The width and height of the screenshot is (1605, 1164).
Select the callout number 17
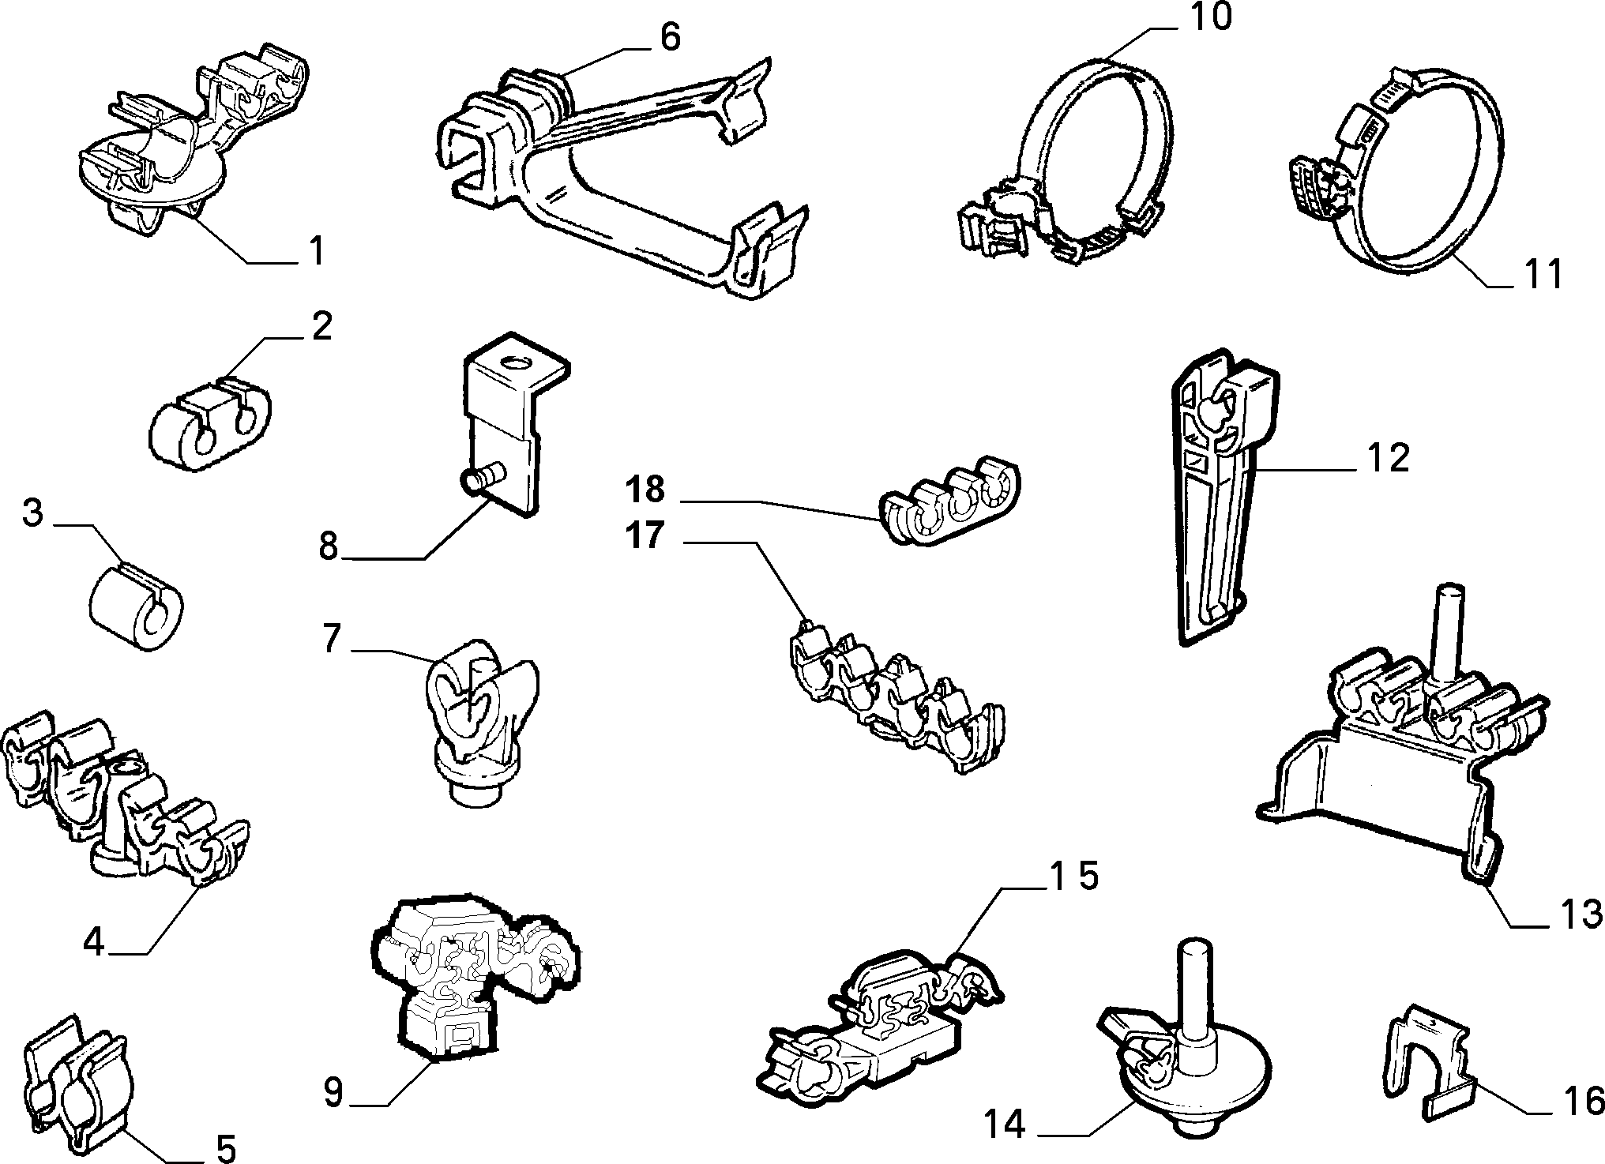click(x=645, y=536)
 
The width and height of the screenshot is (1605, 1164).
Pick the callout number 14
click(x=1004, y=1124)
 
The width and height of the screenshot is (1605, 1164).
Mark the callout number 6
click(x=670, y=38)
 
